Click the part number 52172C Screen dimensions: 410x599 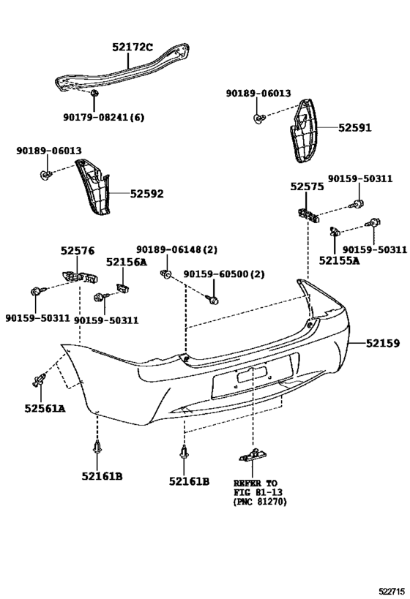point(132,48)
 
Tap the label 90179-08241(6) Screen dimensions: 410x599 point(104,117)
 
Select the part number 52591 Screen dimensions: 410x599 point(354,127)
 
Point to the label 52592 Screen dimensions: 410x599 point(146,194)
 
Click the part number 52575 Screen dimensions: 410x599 point(307,187)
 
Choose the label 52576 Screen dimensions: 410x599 point(78,251)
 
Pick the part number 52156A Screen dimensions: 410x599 point(126,262)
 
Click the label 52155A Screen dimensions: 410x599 point(339,260)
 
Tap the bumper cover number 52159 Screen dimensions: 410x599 point(383,344)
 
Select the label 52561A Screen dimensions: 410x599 point(45,408)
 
